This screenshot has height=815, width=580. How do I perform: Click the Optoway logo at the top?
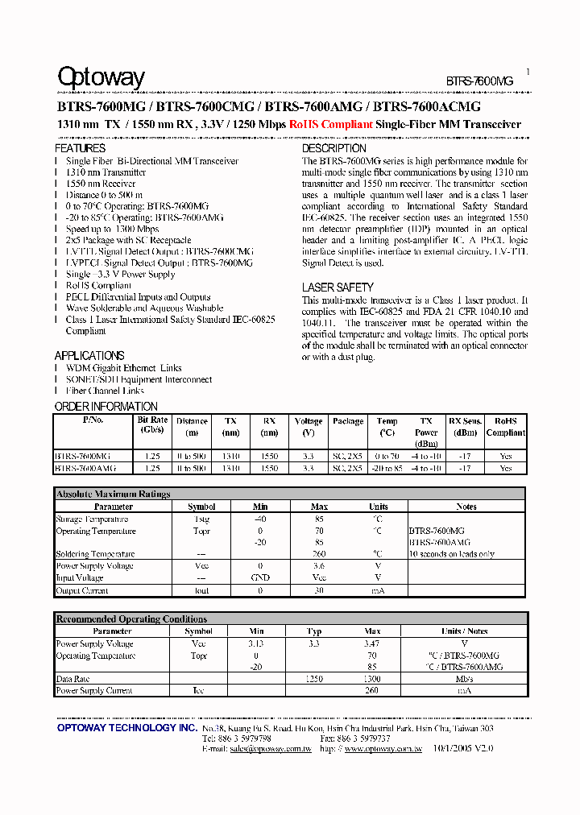point(101,77)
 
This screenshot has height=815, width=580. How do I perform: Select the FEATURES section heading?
point(80,149)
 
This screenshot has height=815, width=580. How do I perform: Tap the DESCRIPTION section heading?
point(333,149)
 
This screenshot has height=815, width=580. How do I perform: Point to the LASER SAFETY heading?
point(338,288)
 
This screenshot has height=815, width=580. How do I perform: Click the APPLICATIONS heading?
point(89,356)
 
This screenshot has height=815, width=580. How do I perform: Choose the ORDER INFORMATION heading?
point(106,407)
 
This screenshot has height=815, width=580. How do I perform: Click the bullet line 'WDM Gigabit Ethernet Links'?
point(124,368)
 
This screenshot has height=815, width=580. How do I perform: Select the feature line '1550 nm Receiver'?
point(101,184)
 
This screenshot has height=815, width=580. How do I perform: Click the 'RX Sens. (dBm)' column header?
point(465,426)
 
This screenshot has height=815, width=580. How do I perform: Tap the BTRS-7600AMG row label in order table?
point(85,468)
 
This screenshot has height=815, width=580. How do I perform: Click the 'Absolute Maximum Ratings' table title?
point(113,494)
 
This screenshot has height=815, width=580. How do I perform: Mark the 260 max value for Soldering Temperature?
point(319,554)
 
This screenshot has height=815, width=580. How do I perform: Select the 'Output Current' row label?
point(82,590)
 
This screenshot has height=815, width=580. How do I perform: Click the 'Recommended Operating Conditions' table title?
point(131,619)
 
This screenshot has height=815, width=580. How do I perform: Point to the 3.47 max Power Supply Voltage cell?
point(371,644)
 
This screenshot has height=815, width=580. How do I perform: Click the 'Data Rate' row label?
point(72,679)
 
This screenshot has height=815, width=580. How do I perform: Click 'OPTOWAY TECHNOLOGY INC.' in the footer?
point(126,728)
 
